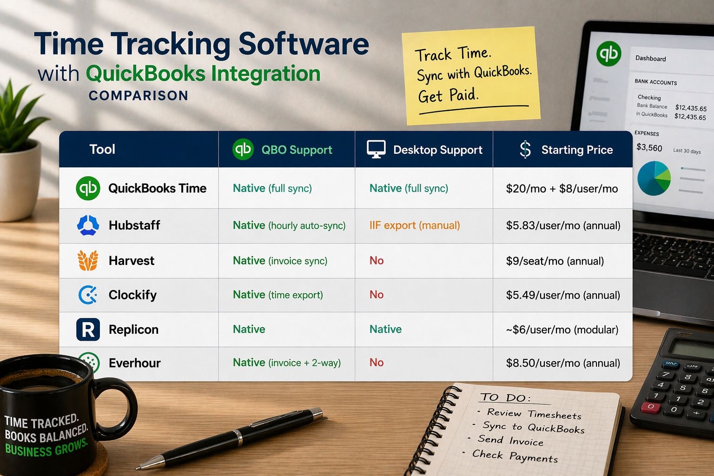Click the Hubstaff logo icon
point(88,225)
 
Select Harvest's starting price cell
point(555,261)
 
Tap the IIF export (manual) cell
point(415,225)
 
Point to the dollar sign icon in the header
point(525,150)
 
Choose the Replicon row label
point(133,330)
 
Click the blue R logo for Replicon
point(88,330)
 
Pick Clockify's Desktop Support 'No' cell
point(377,295)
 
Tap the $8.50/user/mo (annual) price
point(563,363)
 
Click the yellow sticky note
point(470,75)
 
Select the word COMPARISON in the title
point(139,96)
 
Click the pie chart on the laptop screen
point(654,178)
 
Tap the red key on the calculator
point(650,407)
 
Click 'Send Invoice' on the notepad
point(510,440)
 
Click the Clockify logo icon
point(88,295)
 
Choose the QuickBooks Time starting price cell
point(562,189)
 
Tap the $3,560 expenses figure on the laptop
point(649,148)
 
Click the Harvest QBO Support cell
point(280,261)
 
